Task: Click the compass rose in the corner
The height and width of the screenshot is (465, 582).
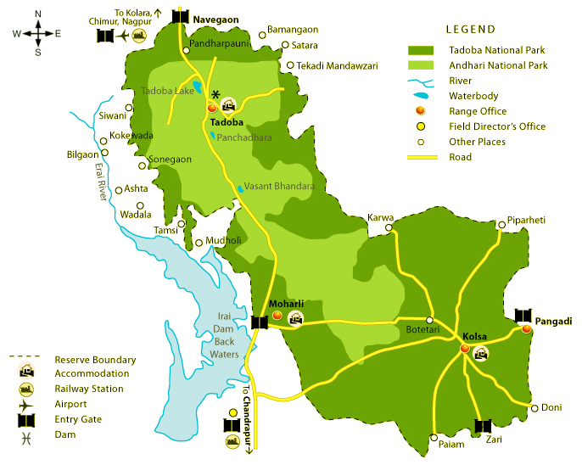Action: click(37, 34)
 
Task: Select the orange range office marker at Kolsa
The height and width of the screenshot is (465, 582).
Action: click(464, 349)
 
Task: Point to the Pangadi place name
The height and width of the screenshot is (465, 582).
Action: click(554, 322)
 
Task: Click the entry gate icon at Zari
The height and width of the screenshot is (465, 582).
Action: click(483, 426)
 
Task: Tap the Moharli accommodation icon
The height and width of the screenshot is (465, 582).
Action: click(295, 318)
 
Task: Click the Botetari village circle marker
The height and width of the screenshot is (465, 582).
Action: click(429, 320)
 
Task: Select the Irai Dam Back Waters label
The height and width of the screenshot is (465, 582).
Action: click(224, 330)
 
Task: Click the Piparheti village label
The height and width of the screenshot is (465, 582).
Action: click(526, 220)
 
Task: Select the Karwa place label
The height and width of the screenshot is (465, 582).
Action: click(380, 218)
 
